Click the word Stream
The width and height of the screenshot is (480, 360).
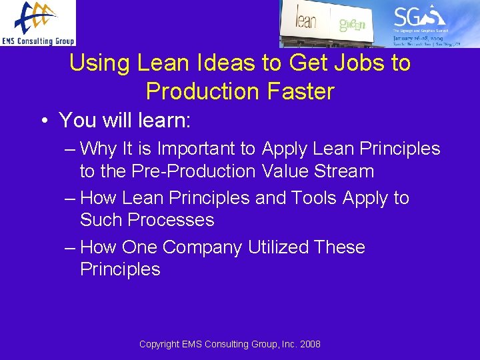pos(342,171)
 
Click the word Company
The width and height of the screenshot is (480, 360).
pos(202,247)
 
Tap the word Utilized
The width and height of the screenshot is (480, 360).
pos(279,247)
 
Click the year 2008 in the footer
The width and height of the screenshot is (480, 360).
pos(309,344)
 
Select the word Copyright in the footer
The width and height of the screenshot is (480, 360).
pos(159,344)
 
